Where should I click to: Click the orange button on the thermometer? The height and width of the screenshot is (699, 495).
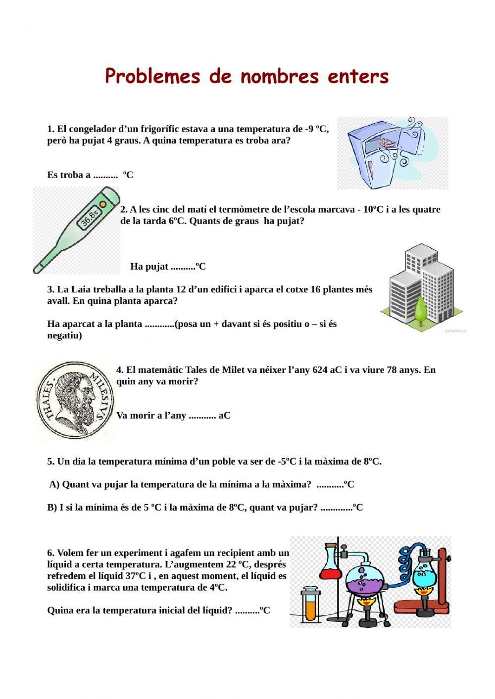pos(103,203)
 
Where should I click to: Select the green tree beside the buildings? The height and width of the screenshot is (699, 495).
pos(421,309)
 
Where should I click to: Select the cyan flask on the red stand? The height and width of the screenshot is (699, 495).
pos(425,573)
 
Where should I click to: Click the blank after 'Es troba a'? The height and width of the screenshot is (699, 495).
pos(105,175)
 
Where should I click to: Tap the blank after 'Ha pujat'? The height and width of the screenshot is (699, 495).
pos(183,267)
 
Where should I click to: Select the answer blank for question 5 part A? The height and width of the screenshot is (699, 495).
pos(330,485)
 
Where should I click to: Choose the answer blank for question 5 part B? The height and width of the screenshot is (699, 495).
pos(336,508)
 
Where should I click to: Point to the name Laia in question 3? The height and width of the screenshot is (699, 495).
pos(80,289)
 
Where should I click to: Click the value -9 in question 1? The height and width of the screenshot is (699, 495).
pos(310,130)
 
